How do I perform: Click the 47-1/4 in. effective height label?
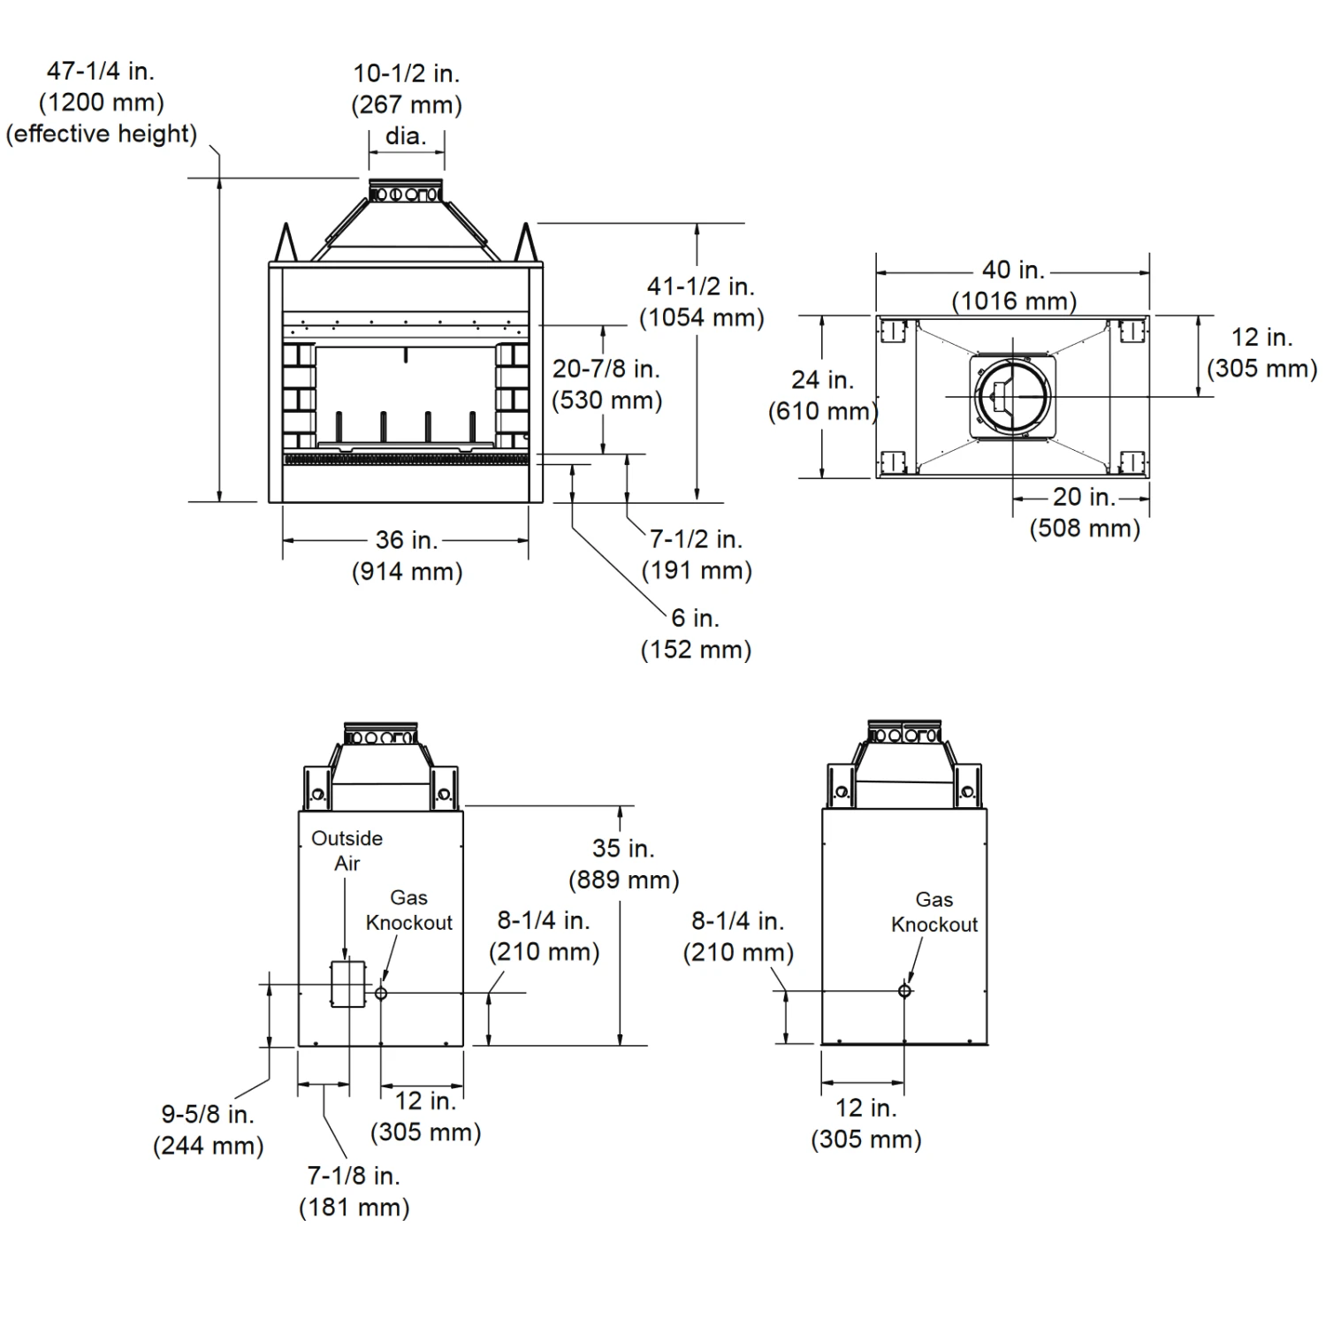point(101,102)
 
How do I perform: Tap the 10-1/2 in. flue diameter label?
point(407,103)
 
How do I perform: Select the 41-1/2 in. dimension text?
point(702,301)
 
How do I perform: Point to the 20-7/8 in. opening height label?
point(606,384)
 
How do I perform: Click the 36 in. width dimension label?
point(407,555)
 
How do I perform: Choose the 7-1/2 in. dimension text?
point(697,554)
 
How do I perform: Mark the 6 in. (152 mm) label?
point(696,633)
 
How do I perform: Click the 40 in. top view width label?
point(1014,285)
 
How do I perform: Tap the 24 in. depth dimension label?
point(822,395)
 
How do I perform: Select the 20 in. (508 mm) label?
point(1085,513)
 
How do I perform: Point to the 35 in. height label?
point(623,864)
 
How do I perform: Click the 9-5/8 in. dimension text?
point(208,1130)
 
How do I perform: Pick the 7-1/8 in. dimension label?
point(354,1191)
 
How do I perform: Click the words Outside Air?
point(347,850)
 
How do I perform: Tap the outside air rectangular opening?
point(347,983)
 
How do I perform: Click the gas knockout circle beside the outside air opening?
point(381,993)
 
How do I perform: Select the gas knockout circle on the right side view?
point(904,991)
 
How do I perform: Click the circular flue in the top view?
point(1014,396)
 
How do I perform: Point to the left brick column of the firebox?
point(299,396)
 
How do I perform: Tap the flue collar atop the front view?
point(406,192)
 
